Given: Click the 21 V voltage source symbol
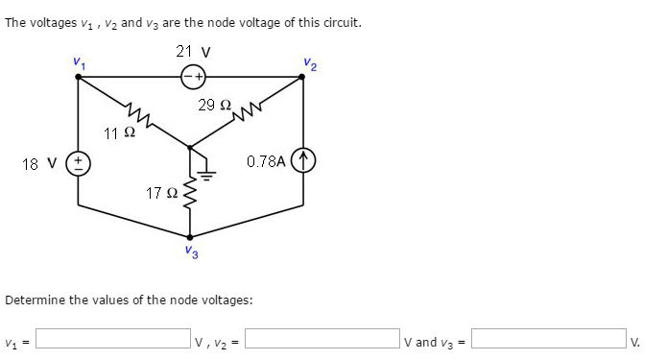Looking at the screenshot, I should pyautogui.click(x=196, y=76).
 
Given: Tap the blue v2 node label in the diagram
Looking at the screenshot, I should pyautogui.click(x=307, y=64).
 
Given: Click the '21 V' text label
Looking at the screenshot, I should pyautogui.click(x=195, y=51).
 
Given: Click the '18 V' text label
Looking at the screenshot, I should pyautogui.click(x=36, y=162).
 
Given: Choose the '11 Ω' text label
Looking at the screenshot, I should pyautogui.click(x=119, y=132).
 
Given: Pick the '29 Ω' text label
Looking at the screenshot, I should pyautogui.click(x=214, y=104).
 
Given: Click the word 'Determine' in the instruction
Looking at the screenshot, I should pyautogui.click(x=34, y=300).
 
